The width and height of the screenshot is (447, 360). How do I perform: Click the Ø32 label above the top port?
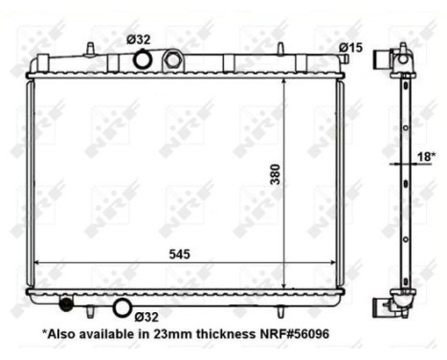pos(139,39)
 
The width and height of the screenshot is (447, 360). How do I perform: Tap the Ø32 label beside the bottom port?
pos(146,316)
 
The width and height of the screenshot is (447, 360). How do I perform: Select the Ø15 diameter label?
pos(349,48)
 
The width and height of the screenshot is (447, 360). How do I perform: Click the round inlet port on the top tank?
pos(142,60)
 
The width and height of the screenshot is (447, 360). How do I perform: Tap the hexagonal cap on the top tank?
pos(172,60)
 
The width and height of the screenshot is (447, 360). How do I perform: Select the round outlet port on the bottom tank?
pos(122,307)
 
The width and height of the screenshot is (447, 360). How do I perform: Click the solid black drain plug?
pos(66,305)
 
